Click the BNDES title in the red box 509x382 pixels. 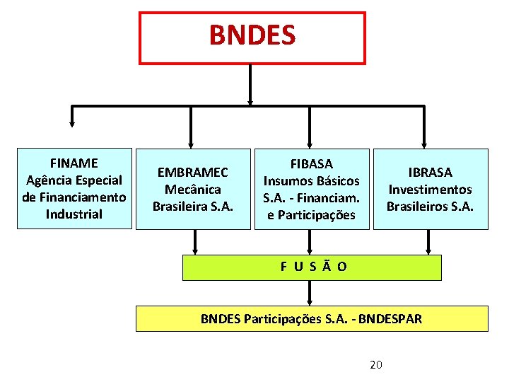click(252, 35)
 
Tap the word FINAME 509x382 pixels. click(74, 163)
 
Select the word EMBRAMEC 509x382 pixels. click(193, 172)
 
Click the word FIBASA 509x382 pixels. click(312, 164)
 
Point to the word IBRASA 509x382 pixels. click(431, 172)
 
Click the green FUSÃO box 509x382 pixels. click(312, 267)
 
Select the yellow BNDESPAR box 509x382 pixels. click(312, 318)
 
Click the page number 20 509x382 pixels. click(376, 364)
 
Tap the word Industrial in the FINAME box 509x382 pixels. click(74, 214)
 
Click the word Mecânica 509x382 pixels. click(193, 189)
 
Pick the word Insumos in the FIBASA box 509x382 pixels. click(286, 181)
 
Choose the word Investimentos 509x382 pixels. click(431, 189)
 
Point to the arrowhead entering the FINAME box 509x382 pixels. click(71, 140)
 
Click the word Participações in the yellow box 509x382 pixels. click(281, 318)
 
